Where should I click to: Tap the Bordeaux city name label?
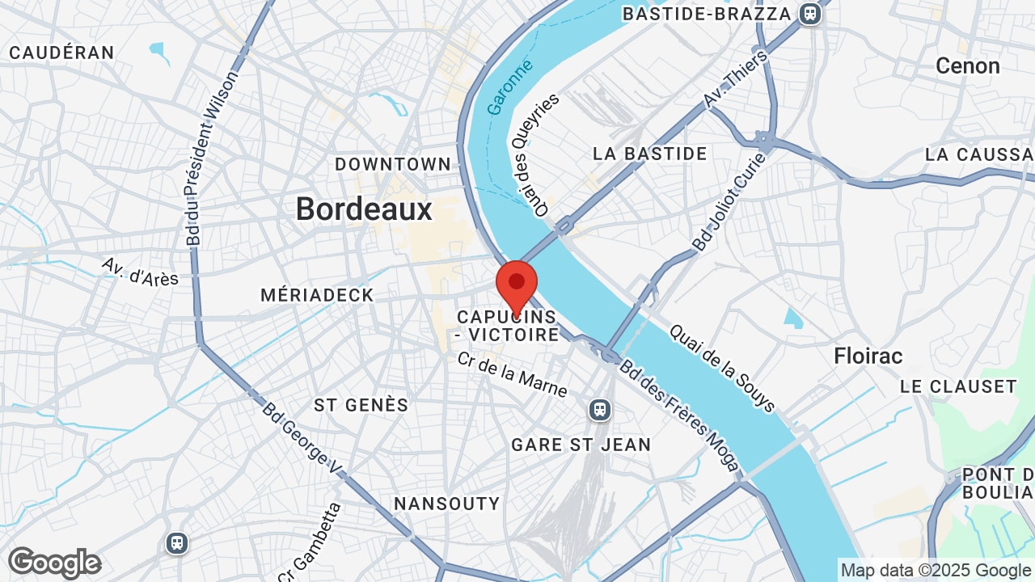[364, 209]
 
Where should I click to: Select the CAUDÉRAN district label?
[61, 53]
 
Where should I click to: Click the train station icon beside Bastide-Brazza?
[809, 14]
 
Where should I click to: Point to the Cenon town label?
[967, 66]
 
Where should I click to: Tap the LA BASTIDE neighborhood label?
[649, 154]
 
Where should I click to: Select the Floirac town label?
[868, 356]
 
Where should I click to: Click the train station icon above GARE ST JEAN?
[600, 410]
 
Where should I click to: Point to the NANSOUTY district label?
[446, 504]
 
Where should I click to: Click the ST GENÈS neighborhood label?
[361, 405]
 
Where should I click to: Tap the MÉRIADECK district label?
[317, 296]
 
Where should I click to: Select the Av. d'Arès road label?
[140, 272]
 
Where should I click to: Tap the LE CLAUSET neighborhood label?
[958, 386]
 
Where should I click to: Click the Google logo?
[55, 563]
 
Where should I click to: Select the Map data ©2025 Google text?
[936, 570]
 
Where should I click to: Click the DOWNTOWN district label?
[393, 164]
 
